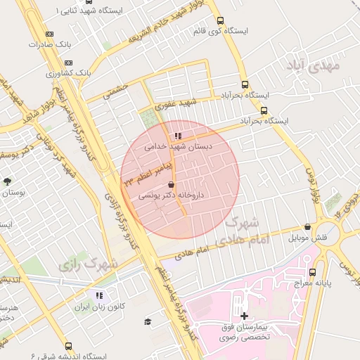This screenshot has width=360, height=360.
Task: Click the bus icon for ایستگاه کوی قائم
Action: pos(221,21)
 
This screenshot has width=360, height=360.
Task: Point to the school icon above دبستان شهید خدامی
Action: pos(178,136)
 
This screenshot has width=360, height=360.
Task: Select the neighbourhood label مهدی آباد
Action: pos(314,67)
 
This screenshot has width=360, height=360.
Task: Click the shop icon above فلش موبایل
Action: pos(308,226)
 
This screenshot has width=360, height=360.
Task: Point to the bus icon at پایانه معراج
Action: pos(312,272)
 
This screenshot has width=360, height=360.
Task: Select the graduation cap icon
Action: pos(148,321)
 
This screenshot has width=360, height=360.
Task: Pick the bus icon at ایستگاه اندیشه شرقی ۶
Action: pos(68,346)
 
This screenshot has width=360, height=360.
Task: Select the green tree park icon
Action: pos(7,181)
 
